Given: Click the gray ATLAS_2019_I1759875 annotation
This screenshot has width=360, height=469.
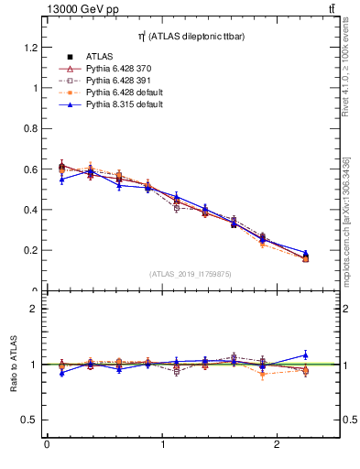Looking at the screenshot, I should click(191, 274).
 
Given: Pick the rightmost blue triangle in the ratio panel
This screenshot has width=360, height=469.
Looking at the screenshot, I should click(305, 354).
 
